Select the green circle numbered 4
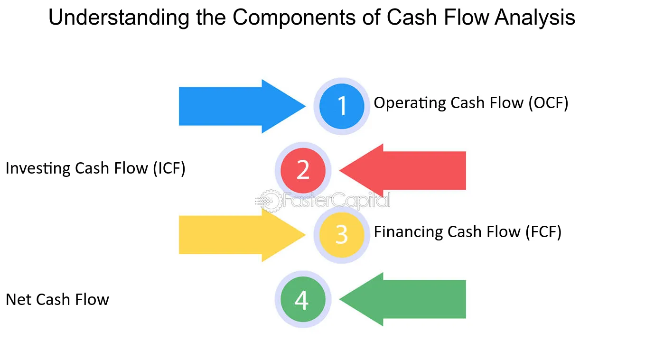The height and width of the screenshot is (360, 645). point(303,299)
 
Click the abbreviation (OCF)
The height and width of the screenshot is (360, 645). point(548,103)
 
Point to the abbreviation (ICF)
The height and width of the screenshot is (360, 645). point(169,168)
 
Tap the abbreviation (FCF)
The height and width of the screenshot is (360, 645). point(543,232)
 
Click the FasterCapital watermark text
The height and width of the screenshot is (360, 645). point(337,201)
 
